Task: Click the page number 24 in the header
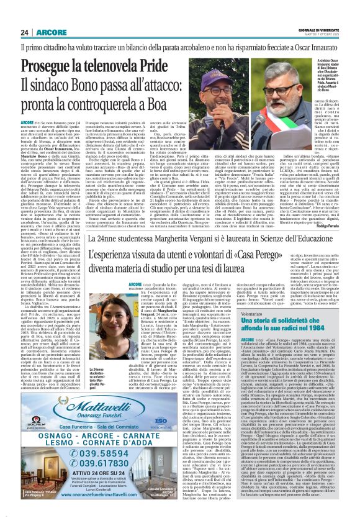(x=26, y=33)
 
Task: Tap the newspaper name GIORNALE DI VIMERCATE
(x=323, y=31)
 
